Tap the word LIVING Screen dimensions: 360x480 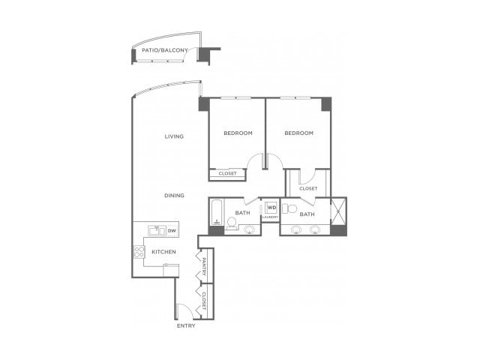[x=175, y=136]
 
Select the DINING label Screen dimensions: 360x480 [x=175, y=196]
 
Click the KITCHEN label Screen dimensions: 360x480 [x=164, y=252]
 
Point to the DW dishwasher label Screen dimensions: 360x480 [x=172, y=230]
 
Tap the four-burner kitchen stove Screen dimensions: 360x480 [x=139, y=252]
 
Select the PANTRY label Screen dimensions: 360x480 [x=204, y=265]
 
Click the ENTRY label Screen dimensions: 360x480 [x=186, y=325]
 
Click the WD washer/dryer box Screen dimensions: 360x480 [x=271, y=207]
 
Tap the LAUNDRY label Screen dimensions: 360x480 [x=270, y=217]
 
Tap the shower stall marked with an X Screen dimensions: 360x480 [x=338, y=211]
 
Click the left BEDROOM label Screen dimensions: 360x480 [x=238, y=133]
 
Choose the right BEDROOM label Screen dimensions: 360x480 [x=298, y=133]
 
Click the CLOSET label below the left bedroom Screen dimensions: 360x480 [x=227, y=173]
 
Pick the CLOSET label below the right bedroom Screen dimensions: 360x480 [x=308, y=188]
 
